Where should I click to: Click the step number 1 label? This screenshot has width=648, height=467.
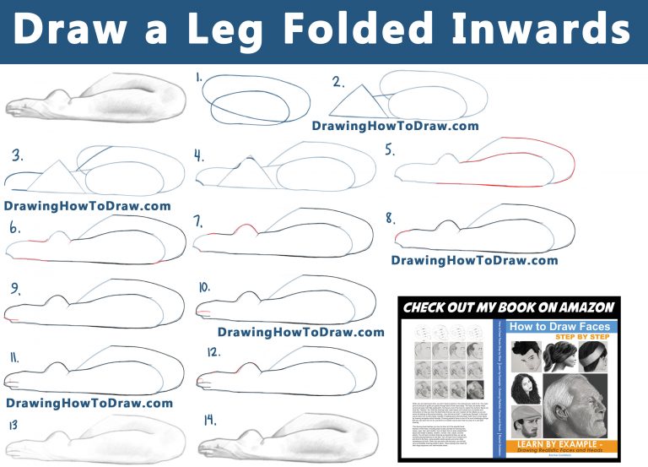(x=198, y=78)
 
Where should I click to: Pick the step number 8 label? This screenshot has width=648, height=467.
(x=390, y=219)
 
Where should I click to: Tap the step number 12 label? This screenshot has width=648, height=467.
(x=213, y=351)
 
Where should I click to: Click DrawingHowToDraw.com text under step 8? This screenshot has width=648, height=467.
(x=474, y=260)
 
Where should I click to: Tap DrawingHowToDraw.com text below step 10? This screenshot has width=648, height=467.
(x=301, y=332)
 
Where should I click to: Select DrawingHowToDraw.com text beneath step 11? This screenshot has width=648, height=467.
(x=89, y=403)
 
